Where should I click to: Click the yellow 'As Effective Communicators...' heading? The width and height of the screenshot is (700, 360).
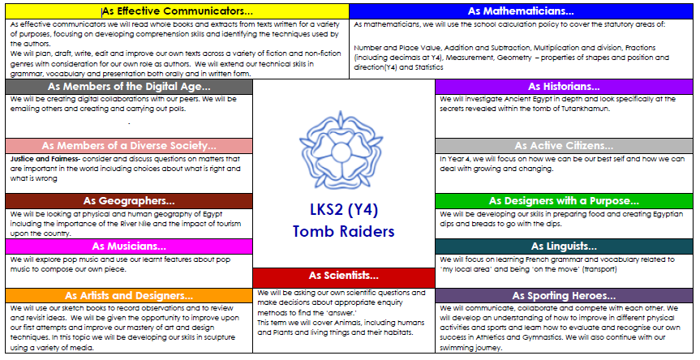(x=178, y=11)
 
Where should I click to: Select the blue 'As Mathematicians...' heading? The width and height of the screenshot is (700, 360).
(x=521, y=11)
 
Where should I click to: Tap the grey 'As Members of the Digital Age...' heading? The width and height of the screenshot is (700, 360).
(x=129, y=87)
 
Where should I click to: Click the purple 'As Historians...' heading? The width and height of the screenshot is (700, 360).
(x=564, y=87)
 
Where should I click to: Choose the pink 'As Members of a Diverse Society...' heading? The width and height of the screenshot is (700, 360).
(x=129, y=146)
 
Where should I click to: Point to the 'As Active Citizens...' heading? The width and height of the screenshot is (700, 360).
(x=564, y=146)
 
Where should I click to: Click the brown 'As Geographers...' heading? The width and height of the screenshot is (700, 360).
(x=129, y=201)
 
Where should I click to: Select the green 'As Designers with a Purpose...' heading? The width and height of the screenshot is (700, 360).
(x=564, y=201)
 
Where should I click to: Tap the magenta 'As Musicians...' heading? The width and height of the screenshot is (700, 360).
(x=129, y=246)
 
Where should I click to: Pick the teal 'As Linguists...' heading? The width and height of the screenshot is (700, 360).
(x=564, y=246)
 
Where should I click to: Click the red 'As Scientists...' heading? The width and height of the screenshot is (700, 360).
(x=343, y=276)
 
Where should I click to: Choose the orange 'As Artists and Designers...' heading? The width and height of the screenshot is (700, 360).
(x=129, y=296)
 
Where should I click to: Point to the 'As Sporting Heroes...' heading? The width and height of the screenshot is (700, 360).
(x=564, y=296)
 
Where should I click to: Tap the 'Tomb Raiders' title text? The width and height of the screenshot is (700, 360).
(x=343, y=232)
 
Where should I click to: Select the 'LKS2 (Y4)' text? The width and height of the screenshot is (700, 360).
(x=343, y=210)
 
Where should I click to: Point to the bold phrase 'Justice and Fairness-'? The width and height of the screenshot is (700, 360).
(x=45, y=159)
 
